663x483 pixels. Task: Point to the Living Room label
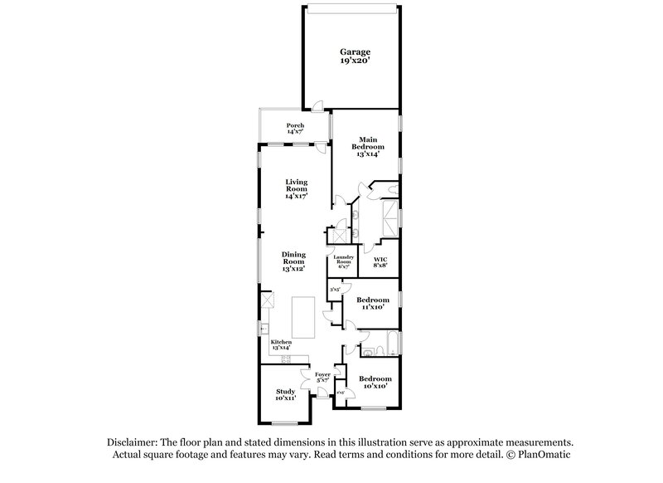[x=296, y=189]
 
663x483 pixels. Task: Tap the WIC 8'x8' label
[x=381, y=262]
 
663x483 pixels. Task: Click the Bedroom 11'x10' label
[x=372, y=303]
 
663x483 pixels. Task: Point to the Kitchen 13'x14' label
[x=282, y=344]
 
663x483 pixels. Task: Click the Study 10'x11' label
[x=286, y=395]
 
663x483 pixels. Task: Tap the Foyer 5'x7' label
[x=323, y=378]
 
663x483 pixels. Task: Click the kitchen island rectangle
[x=304, y=317]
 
